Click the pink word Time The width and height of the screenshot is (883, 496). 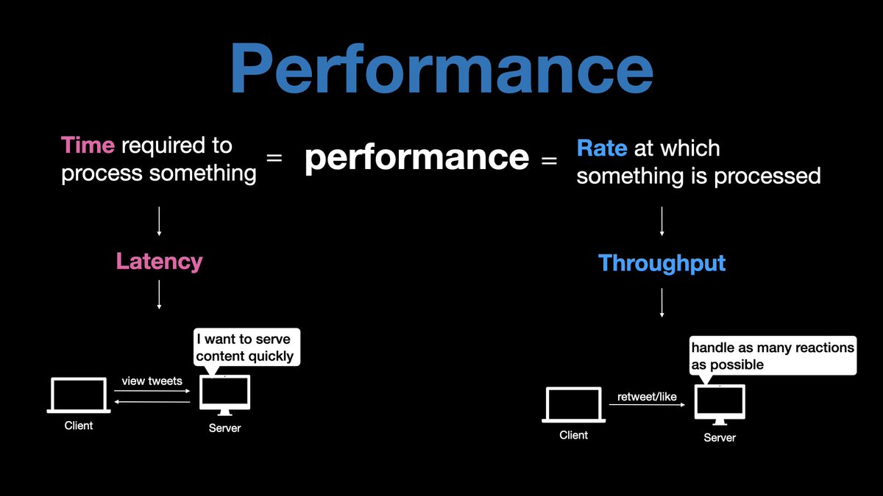(x=88, y=145)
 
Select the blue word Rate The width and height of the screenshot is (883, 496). (x=601, y=148)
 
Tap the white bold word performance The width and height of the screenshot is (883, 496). (x=416, y=157)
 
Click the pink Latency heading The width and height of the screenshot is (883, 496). (x=159, y=261)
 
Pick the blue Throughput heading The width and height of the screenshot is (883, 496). (x=662, y=263)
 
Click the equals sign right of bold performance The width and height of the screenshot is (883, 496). (x=549, y=159)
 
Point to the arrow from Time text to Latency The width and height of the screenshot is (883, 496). (x=159, y=220)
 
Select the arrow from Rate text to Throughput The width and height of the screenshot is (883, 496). (x=662, y=221)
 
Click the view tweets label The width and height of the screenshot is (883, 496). (x=152, y=381)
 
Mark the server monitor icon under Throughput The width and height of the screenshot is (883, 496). (x=720, y=405)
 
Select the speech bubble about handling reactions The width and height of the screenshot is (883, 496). (x=772, y=356)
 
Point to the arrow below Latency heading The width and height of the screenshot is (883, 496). (x=159, y=295)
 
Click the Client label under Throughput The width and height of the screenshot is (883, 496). (x=573, y=435)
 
